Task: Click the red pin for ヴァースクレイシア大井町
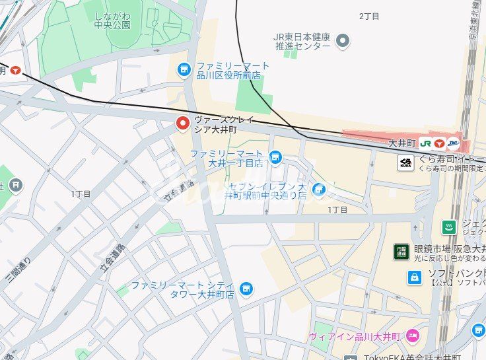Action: (183, 123)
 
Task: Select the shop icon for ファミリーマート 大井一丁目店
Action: (275, 157)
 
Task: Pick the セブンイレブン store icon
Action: (319, 190)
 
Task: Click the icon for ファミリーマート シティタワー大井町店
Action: (246, 288)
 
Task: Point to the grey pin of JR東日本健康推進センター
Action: (343, 42)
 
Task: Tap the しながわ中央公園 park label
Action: (112, 20)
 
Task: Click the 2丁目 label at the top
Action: (370, 15)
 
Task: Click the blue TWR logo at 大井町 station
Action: (454, 143)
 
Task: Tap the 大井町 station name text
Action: (401, 143)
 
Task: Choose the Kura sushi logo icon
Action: (406, 162)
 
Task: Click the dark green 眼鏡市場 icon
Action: (401, 251)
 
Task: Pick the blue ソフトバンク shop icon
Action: (414, 277)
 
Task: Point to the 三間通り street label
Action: (18, 268)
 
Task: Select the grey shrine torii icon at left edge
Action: (16, 185)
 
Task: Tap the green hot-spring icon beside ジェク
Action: (449, 227)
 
